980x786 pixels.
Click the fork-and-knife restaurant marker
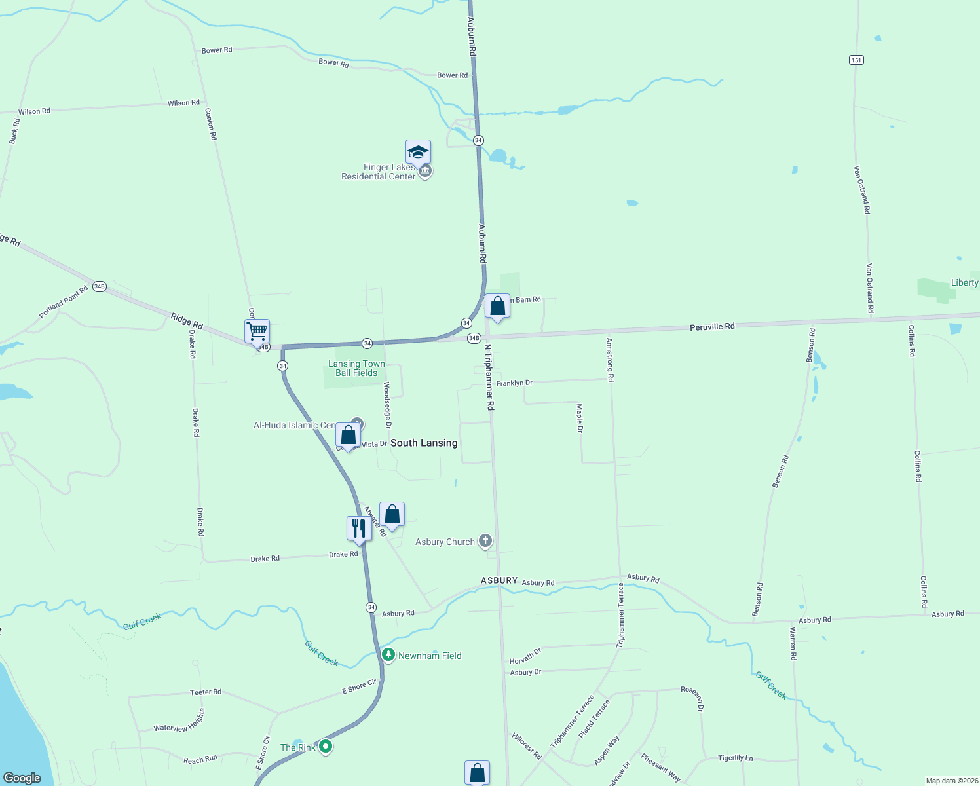pos(359,527)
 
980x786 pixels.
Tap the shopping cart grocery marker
pos(257,331)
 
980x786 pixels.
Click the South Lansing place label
pos(424,443)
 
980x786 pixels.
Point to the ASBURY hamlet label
pos(499,580)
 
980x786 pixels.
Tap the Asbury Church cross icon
pos(485,541)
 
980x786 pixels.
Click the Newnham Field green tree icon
pos(388,654)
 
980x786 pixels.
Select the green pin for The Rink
pos(326,746)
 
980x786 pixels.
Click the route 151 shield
pos(856,60)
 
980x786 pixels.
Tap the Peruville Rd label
pos(712,326)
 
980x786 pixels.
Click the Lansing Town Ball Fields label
pos(356,368)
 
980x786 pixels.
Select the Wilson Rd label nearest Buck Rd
pos(34,111)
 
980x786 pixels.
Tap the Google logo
pos(22,778)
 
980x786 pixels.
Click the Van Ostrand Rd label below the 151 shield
pos(861,189)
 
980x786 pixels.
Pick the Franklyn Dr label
pos(514,383)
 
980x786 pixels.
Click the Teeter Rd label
pos(206,692)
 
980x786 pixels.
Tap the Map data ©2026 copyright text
pos(951,781)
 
